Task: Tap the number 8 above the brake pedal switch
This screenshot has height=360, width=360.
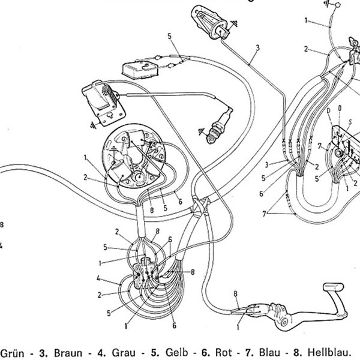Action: (x=235, y=294)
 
